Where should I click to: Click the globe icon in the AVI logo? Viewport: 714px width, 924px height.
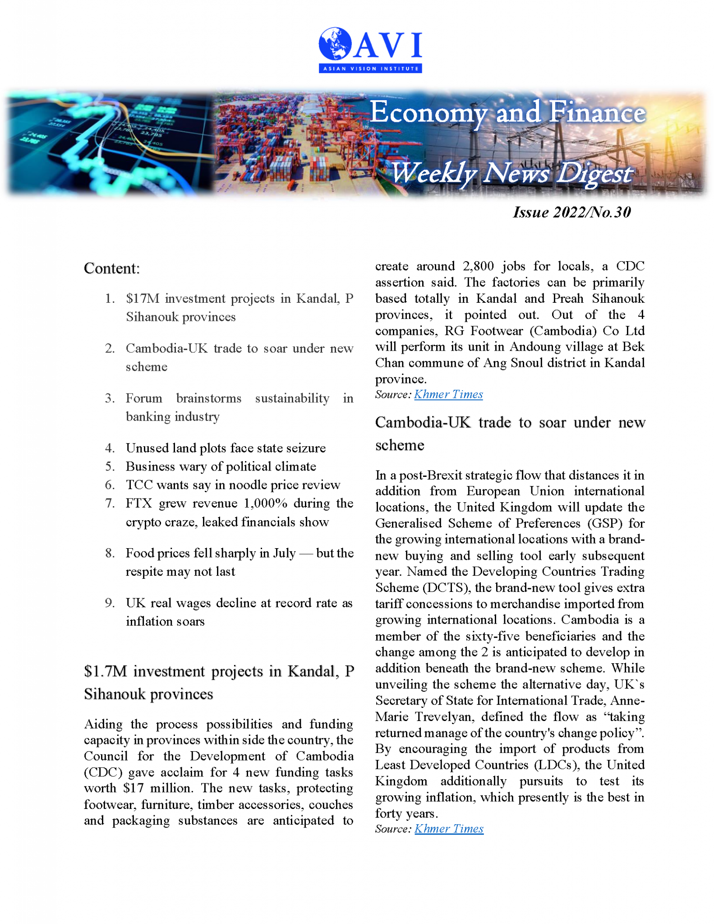pos(335,44)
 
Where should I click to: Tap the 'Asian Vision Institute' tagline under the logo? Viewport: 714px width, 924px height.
pos(370,69)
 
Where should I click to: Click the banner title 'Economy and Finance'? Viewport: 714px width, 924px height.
pos(507,112)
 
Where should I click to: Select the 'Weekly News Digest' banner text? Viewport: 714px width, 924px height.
pos(511,173)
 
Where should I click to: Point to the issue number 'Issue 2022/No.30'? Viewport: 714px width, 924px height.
pos(571,212)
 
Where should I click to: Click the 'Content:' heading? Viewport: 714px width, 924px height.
pos(112,268)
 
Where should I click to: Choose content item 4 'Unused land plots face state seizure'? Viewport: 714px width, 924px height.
pos(226,448)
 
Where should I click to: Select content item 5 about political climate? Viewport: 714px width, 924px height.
pos(221,466)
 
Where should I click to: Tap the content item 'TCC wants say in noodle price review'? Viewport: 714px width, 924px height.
pos(233,485)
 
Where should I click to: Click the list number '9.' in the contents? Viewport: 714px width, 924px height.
pos(110,603)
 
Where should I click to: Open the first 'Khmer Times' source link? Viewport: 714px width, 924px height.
pos(448,394)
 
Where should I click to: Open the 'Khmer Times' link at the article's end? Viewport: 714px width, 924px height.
pos(449,829)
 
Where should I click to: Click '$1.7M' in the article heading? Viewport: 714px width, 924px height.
pos(106,671)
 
